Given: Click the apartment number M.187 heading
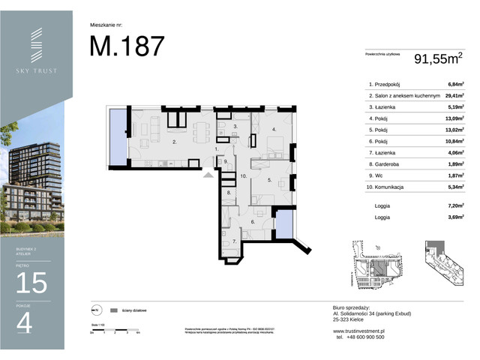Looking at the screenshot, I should tap(127, 46).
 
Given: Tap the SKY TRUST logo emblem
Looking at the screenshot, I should tap(37, 46).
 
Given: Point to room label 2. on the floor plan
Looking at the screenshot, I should tap(175, 141).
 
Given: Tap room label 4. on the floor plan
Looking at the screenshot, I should tap(274, 130).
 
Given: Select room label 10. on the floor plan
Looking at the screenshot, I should tap(244, 176).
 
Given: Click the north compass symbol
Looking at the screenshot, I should tap(95, 310).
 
